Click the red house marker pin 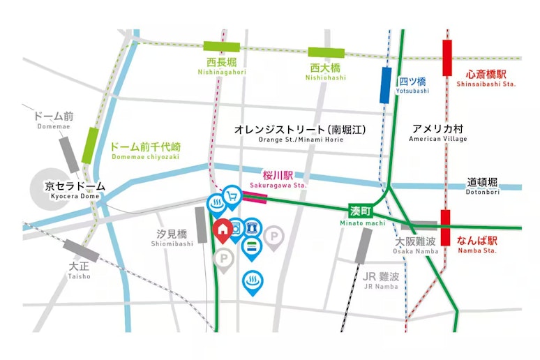[x=222, y=230]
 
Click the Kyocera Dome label [x=75, y=190]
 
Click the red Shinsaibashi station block [x=447, y=57]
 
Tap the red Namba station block [x=445, y=227]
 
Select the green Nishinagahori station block [x=222, y=47]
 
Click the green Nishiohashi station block [x=327, y=52]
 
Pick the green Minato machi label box [x=363, y=211]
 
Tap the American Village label [x=437, y=133]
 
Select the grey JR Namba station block [x=363, y=246]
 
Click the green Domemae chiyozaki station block [x=90, y=146]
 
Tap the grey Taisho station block [x=81, y=250]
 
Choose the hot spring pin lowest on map [x=252, y=281]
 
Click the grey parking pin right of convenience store [x=277, y=237]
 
